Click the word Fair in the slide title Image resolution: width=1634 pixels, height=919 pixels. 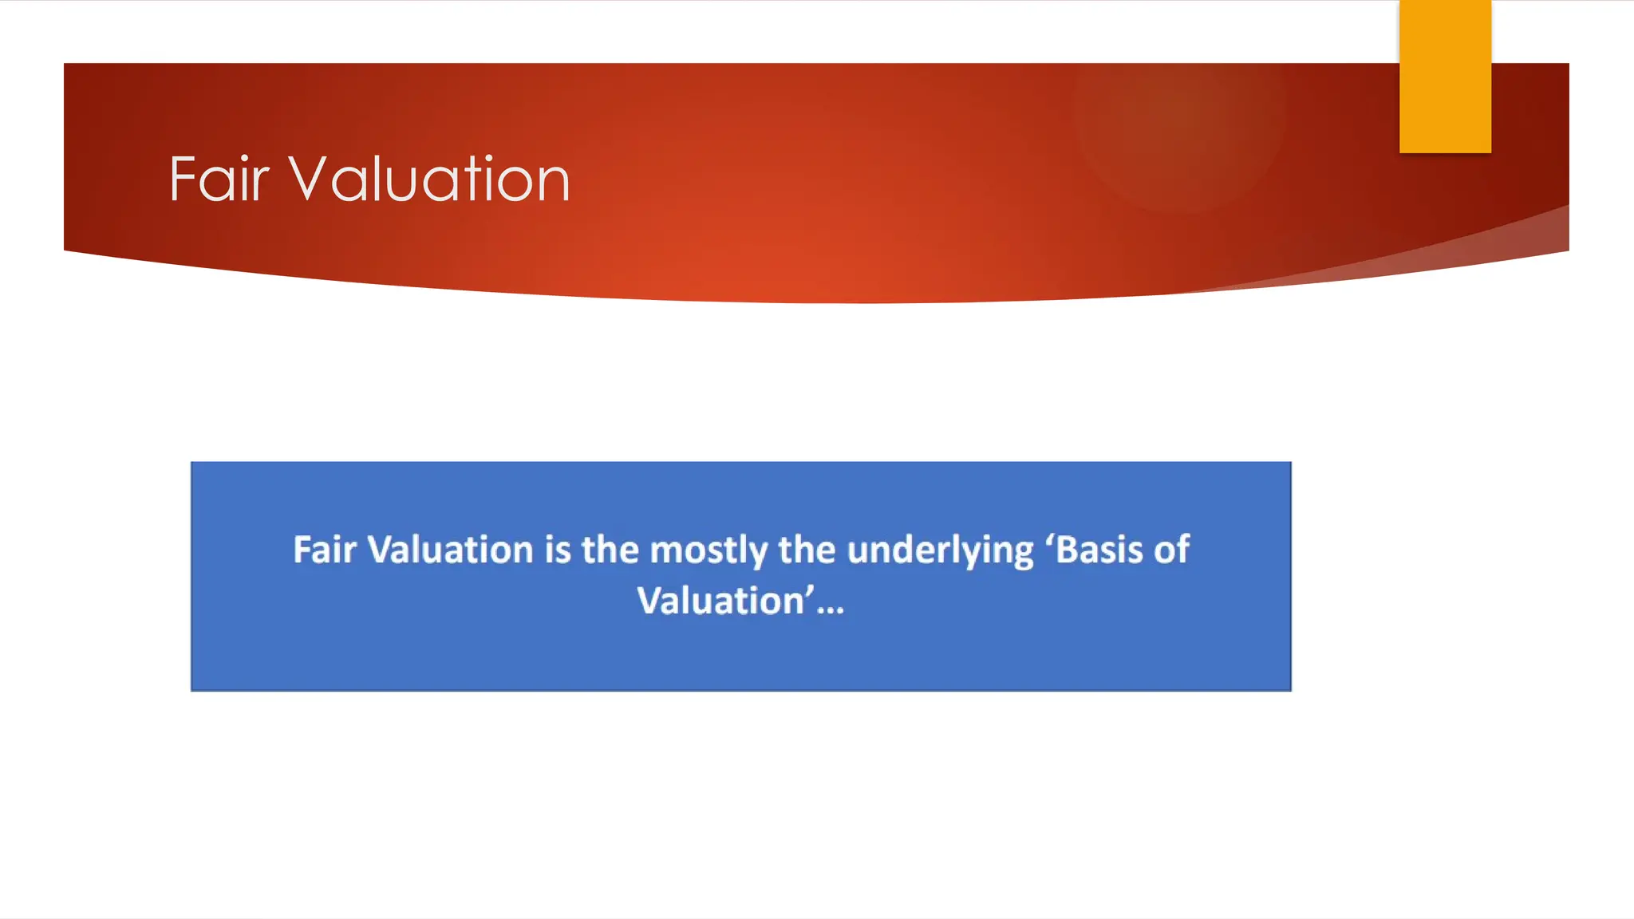point(219,179)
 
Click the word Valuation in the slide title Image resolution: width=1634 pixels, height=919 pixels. point(429,179)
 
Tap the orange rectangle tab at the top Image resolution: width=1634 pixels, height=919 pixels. point(1445,76)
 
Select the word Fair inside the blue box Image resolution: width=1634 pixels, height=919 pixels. point(324,550)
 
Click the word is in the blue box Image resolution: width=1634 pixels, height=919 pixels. point(558,550)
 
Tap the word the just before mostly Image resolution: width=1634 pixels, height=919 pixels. point(610,550)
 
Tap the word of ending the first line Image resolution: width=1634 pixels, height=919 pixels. point(1172,550)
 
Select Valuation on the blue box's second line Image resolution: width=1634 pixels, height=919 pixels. point(720,601)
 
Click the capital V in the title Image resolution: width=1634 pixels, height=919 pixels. point(306,179)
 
